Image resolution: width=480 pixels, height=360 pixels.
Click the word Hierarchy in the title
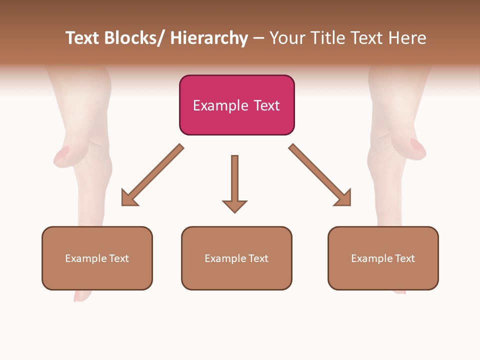pyautogui.click(x=209, y=38)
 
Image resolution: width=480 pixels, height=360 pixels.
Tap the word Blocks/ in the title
pyautogui.click(x=134, y=38)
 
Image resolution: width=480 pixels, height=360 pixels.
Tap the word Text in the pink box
pyautogui.click(x=266, y=105)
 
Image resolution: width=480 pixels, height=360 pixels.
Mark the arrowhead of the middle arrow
pyautogui.click(x=234, y=205)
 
